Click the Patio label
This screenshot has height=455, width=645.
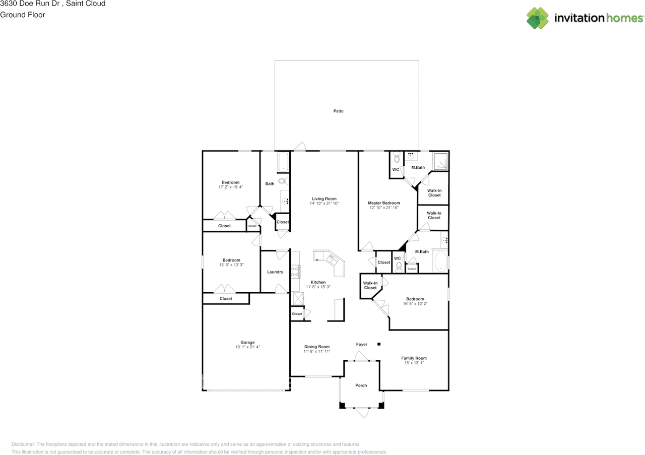(338, 111)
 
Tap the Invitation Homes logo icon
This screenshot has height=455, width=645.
(538, 18)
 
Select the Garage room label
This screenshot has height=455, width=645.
(247, 343)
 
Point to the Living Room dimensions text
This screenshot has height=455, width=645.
(324, 203)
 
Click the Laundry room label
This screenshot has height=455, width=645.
(275, 272)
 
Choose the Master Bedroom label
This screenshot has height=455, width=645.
(384, 203)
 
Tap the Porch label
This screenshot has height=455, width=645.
(361, 385)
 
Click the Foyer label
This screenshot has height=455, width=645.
(362, 345)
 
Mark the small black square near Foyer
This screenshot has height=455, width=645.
(379, 344)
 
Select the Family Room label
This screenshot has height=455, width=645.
(414, 358)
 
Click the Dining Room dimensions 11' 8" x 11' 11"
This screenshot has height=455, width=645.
(317, 351)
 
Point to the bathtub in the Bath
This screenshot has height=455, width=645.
(283, 162)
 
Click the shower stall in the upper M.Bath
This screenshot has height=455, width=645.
(440, 161)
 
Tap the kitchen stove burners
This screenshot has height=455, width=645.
(295, 272)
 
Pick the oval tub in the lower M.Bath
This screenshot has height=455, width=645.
(440, 261)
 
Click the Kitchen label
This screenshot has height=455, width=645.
(318, 282)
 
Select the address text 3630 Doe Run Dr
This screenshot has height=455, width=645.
(30, 4)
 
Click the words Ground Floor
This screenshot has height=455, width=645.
(23, 15)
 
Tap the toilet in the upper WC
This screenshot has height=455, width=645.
(397, 157)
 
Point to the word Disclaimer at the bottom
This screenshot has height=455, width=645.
(23, 444)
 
